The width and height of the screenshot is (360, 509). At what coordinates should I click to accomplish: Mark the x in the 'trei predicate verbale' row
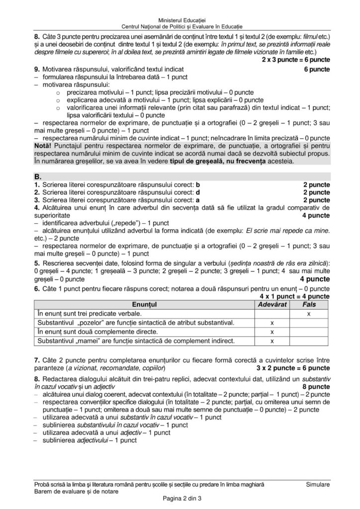point(309,313)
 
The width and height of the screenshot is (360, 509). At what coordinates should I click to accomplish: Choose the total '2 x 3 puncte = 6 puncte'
point(295,60)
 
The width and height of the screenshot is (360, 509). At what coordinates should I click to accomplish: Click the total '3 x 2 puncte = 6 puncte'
point(293,368)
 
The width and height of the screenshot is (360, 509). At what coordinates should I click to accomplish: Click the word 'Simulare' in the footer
point(318,484)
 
